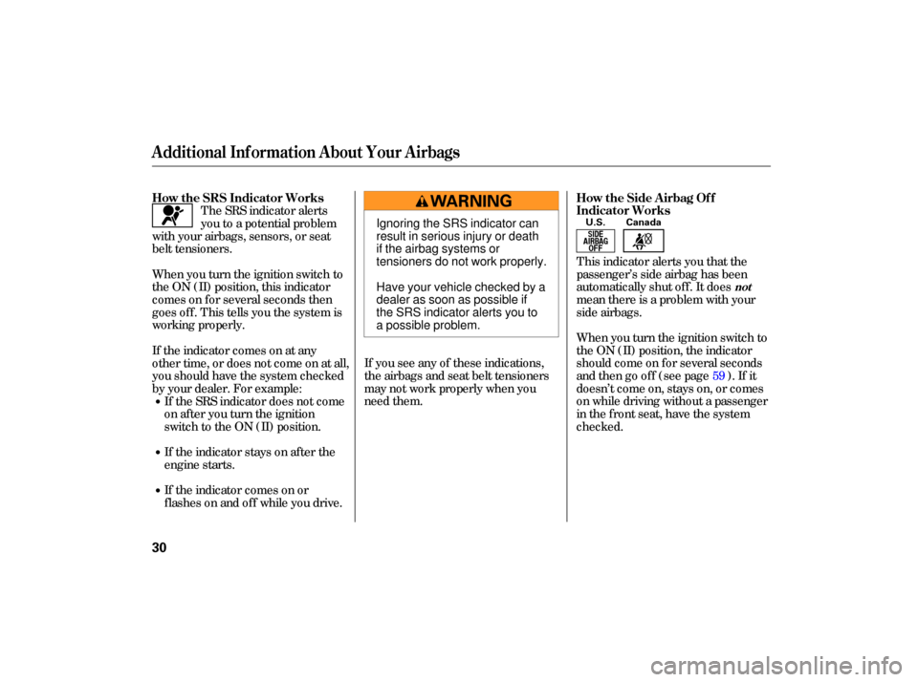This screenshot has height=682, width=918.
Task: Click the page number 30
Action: [160, 547]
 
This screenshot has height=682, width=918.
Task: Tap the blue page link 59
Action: [718, 375]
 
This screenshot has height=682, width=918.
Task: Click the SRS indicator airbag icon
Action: [172, 216]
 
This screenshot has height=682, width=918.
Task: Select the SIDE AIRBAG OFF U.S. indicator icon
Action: [596, 241]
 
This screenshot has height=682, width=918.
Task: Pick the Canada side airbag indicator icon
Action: [644, 241]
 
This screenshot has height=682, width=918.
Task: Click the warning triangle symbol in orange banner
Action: [422, 202]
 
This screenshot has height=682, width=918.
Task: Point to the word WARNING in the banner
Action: [470, 202]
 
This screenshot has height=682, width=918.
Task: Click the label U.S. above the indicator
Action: [596, 223]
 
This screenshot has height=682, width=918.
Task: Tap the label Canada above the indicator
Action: [644, 223]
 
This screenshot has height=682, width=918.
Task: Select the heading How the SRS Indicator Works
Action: [238, 198]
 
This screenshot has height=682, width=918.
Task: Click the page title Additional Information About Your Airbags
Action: [306, 152]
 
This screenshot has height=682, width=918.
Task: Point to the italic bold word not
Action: [743, 288]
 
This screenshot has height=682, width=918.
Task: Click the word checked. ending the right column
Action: [600, 426]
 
